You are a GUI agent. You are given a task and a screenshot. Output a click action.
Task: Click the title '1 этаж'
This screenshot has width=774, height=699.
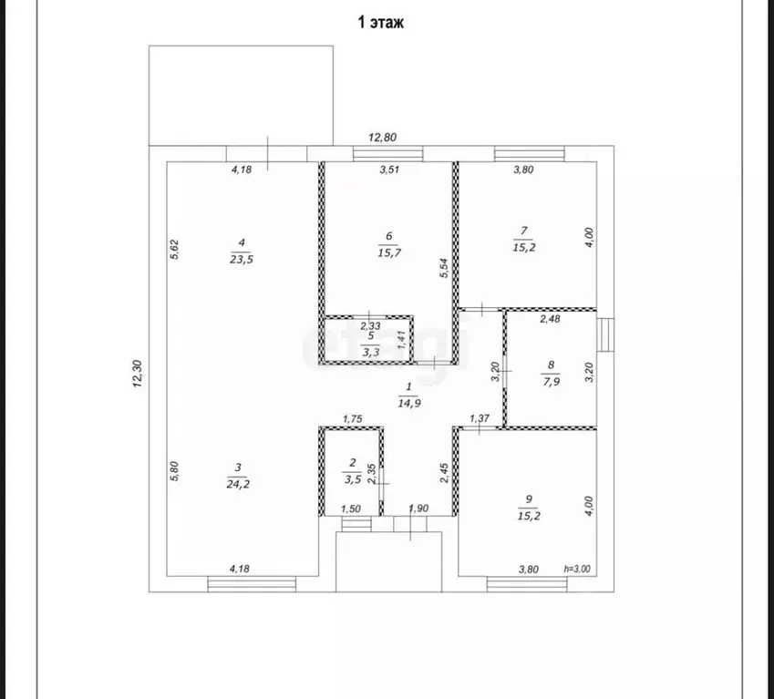380,23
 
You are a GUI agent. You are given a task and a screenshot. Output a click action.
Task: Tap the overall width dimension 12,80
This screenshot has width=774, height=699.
383,138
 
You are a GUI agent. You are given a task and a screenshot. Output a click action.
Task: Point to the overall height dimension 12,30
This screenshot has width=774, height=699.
138,374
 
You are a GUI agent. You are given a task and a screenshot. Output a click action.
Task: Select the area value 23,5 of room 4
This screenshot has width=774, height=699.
242,259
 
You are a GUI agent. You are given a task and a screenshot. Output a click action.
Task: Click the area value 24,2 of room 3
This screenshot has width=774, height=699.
238,484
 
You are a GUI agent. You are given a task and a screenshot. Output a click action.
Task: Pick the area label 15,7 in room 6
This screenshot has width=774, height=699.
389,252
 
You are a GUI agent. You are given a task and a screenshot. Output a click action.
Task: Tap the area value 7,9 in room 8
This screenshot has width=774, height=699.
551,381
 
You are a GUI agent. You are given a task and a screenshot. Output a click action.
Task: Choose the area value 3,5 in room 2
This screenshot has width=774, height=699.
353,479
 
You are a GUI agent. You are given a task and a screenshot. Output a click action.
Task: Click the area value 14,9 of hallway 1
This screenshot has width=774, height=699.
409,403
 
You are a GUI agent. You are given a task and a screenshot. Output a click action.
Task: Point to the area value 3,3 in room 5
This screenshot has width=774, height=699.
371,352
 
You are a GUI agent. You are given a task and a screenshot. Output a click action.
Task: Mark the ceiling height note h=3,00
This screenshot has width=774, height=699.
577,569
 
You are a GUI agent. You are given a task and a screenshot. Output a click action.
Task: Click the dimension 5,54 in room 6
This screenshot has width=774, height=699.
444,268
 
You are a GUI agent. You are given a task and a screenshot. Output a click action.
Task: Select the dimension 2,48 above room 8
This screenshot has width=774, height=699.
550,319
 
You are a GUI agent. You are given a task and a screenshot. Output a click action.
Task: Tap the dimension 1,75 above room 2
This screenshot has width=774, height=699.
353,419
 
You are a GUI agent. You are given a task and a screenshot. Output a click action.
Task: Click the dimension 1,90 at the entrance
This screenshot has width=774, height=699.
418,509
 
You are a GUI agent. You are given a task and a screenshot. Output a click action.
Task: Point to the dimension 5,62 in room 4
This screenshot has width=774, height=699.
174,249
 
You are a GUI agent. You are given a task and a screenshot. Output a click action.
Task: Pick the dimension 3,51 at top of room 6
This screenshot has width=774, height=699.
389,170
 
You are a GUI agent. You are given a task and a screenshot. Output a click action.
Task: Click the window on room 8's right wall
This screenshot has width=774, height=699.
605,335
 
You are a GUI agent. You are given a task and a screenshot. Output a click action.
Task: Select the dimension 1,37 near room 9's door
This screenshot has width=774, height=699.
480,418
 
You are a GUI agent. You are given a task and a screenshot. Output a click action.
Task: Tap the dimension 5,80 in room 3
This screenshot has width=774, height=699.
174,471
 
